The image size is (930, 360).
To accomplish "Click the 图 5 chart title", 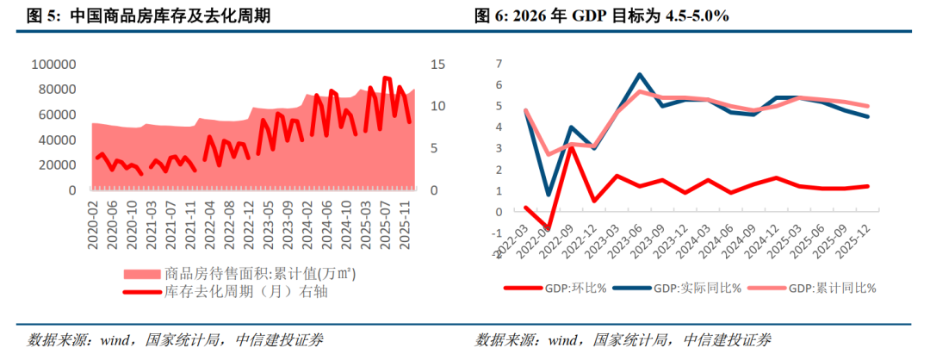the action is (x=149, y=16).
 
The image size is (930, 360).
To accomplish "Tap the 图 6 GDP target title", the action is (x=601, y=16).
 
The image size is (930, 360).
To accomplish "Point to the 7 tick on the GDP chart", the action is (x=499, y=64).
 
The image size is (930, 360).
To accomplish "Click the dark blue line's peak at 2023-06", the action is (x=639, y=74).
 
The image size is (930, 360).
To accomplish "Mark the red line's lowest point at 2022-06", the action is (x=548, y=229).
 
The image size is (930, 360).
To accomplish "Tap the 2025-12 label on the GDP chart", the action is (x=858, y=235).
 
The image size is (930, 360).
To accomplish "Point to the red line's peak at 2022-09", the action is (x=571, y=146).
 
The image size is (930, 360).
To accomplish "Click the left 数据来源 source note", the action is (x=176, y=340).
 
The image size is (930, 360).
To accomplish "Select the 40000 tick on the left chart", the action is (x=59, y=140).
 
